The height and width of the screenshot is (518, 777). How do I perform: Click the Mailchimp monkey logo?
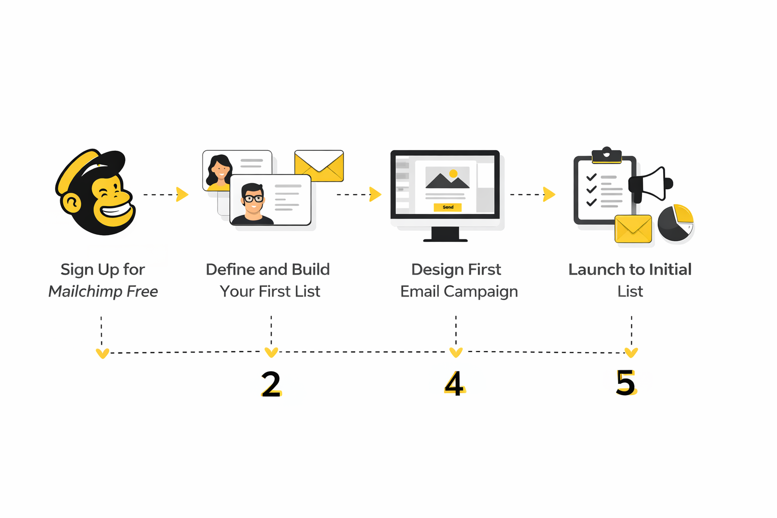[x=96, y=192]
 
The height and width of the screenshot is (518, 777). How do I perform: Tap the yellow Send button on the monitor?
[x=448, y=207]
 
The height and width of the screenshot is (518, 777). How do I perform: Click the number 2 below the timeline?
[x=271, y=384]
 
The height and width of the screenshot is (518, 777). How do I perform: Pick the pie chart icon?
[x=675, y=223]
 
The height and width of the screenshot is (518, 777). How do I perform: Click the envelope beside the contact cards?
[x=319, y=166]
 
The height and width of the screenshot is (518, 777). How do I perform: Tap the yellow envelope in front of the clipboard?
[x=633, y=229]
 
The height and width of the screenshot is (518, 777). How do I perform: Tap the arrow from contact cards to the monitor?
[x=359, y=194]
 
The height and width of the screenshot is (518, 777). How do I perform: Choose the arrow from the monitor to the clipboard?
[x=533, y=194]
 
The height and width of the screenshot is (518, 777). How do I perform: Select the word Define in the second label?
[x=231, y=270]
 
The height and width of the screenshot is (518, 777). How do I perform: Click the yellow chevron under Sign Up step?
[x=102, y=353]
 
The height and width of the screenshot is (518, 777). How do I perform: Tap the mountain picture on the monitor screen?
[x=447, y=178]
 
